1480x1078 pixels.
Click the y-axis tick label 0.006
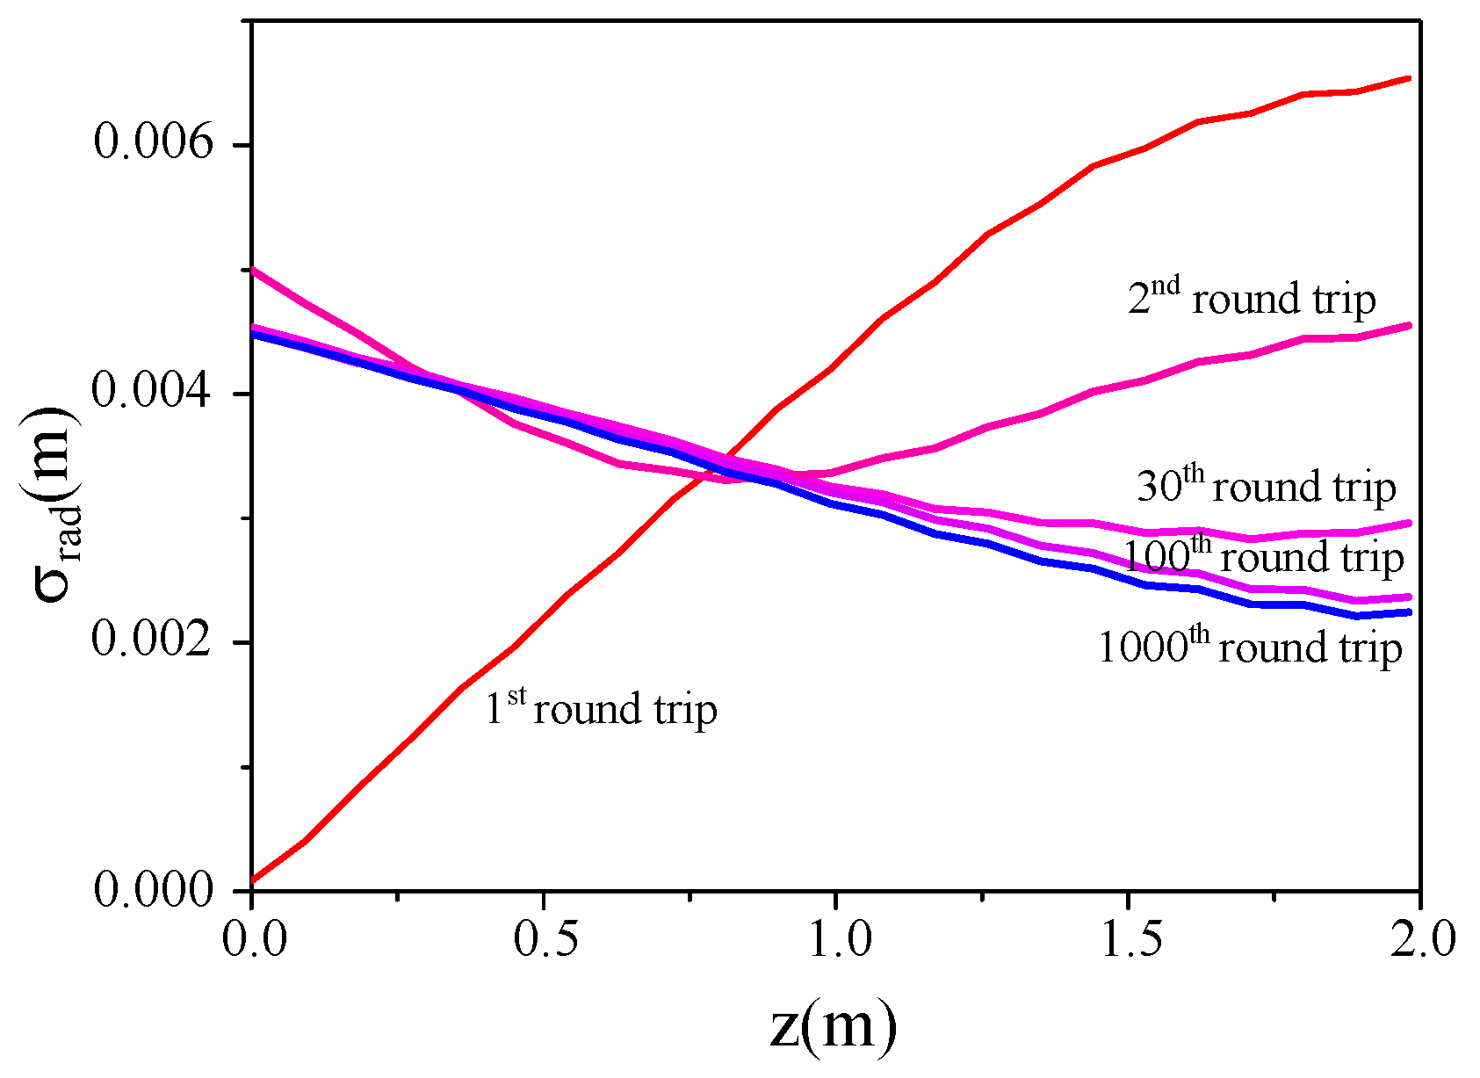[153, 143]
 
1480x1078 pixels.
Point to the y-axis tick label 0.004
[153, 392]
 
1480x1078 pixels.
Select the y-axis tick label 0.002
[153, 640]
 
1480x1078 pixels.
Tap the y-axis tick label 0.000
[153, 890]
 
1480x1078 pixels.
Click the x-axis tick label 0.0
[254, 938]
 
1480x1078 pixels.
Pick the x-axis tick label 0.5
[545, 938]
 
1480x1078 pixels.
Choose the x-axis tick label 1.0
[837, 938]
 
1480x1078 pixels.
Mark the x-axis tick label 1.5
[1129, 938]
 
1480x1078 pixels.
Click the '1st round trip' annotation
[601, 708]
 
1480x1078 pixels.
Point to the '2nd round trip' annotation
[1251, 298]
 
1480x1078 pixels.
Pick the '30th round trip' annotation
[1266, 486]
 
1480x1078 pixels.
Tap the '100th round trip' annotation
[1264, 556]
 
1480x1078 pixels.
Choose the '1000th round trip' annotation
[1250, 648]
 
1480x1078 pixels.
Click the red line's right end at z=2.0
[1409, 78]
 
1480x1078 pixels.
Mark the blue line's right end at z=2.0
[1409, 611]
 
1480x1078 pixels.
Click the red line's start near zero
[253, 879]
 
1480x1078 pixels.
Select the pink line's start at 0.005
[254, 271]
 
